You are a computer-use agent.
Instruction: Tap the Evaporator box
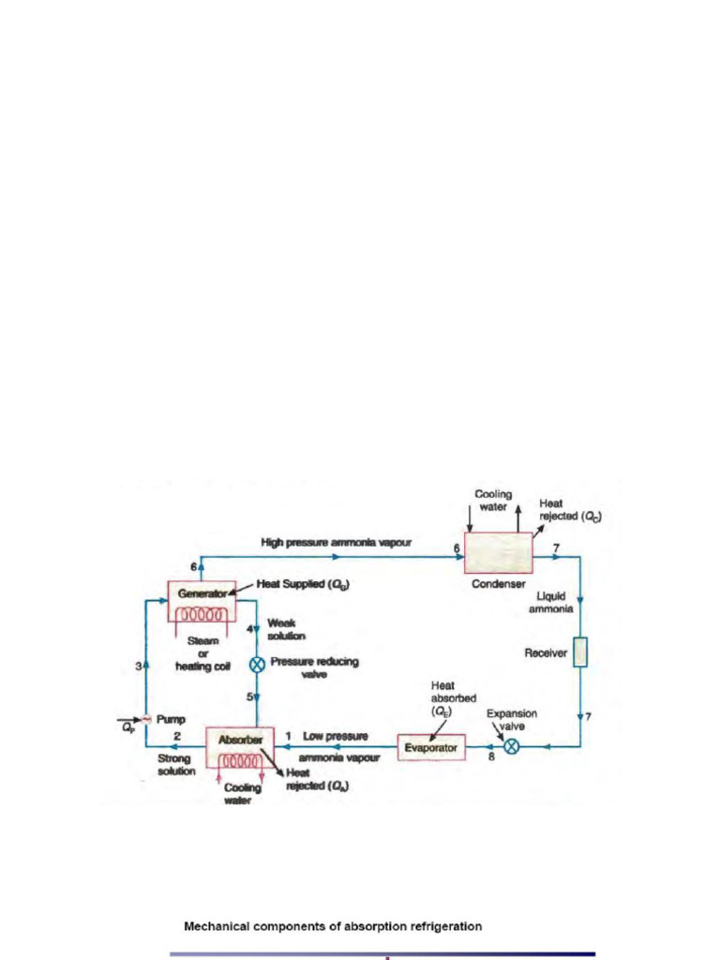pos(431,748)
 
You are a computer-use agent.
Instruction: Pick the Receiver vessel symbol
pos(580,652)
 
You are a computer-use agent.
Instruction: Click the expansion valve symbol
pos(512,747)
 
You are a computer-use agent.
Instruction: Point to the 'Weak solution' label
pos(287,629)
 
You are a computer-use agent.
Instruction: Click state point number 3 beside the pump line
pos(137,667)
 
